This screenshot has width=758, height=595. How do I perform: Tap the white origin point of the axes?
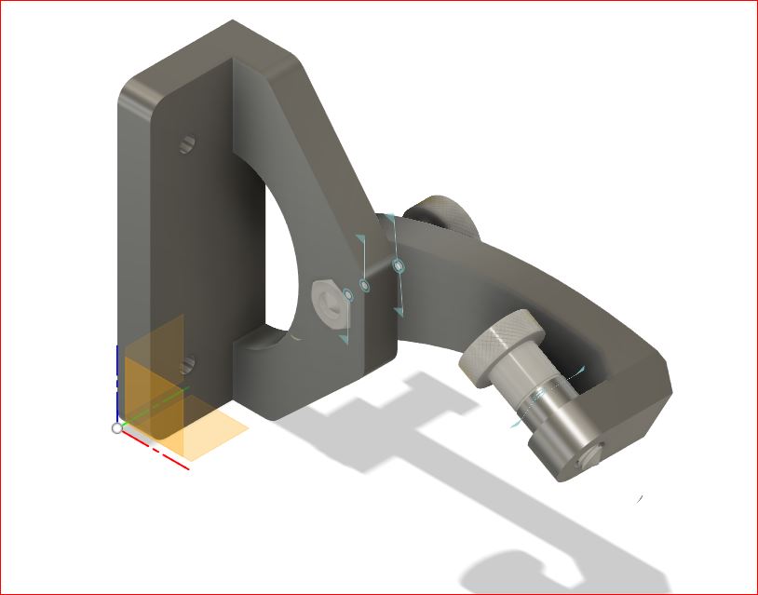(117, 427)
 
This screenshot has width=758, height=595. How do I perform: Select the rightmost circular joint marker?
(399, 266)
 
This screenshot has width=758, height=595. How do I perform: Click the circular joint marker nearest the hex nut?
(348, 295)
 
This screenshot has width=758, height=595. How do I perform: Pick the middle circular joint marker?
(364, 286)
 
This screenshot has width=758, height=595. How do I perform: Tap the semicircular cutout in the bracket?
(279, 261)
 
